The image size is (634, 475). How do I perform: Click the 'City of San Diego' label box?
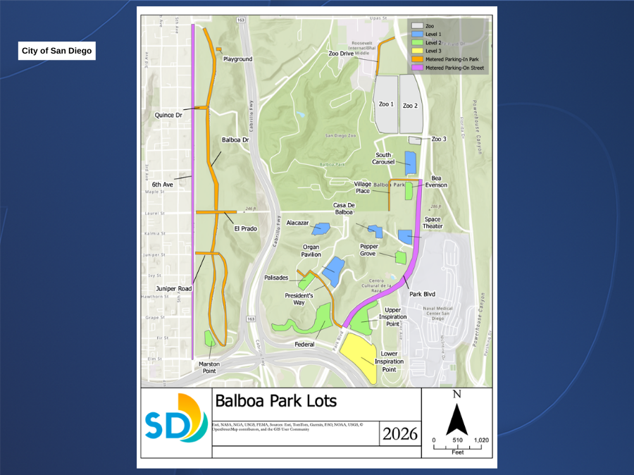(56, 51)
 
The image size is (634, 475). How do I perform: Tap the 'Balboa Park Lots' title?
(275, 401)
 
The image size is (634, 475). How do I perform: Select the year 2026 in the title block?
(399, 434)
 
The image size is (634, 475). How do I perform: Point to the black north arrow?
(456, 421)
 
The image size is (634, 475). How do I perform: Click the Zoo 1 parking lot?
(387, 104)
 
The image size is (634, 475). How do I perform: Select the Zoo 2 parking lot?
(410, 104)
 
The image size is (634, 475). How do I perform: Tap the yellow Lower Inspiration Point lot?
(362, 357)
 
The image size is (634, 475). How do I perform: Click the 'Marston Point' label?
(209, 367)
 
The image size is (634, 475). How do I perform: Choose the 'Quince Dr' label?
(168, 115)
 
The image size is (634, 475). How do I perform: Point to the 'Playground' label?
(237, 59)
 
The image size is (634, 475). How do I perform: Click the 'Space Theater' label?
(433, 223)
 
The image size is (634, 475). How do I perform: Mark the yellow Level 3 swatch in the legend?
(418, 51)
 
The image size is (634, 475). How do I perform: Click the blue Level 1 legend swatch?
(418, 34)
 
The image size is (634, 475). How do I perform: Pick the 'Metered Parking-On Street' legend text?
(454, 68)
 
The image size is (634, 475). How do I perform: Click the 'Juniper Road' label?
(174, 288)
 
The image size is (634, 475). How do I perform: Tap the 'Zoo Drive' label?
(341, 53)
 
